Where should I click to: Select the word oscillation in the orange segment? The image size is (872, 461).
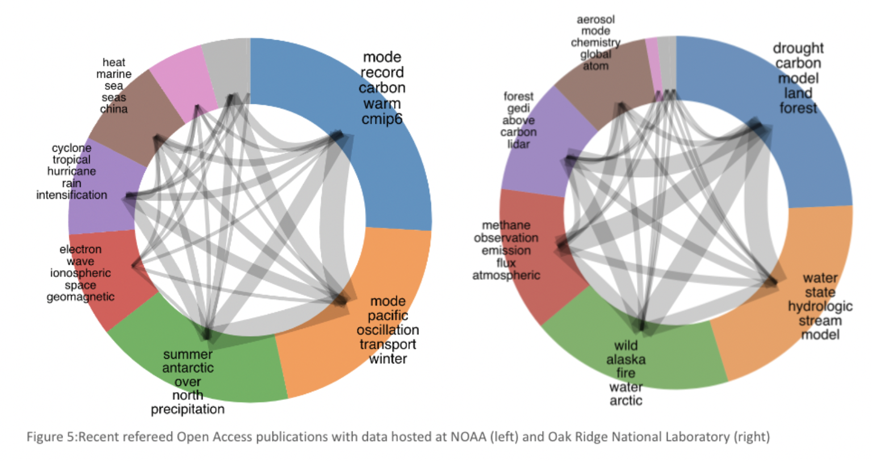[x=388, y=330]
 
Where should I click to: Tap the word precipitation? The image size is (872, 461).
[x=187, y=409]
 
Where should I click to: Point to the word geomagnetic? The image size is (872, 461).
[x=81, y=297]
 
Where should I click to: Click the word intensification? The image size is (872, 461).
[x=72, y=195]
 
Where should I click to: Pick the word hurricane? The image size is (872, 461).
[x=72, y=171]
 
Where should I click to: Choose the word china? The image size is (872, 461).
[x=114, y=109]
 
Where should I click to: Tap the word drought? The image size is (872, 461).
[x=798, y=48]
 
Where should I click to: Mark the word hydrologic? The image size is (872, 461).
[x=820, y=307]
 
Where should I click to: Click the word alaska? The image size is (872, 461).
[x=626, y=359]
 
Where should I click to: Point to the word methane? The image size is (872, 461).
[x=506, y=225]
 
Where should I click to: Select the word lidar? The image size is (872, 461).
[x=518, y=144]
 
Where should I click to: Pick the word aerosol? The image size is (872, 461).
[x=596, y=20]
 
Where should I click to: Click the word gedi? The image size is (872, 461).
[x=518, y=108]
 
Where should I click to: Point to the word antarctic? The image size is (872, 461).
[x=188, y=368]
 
